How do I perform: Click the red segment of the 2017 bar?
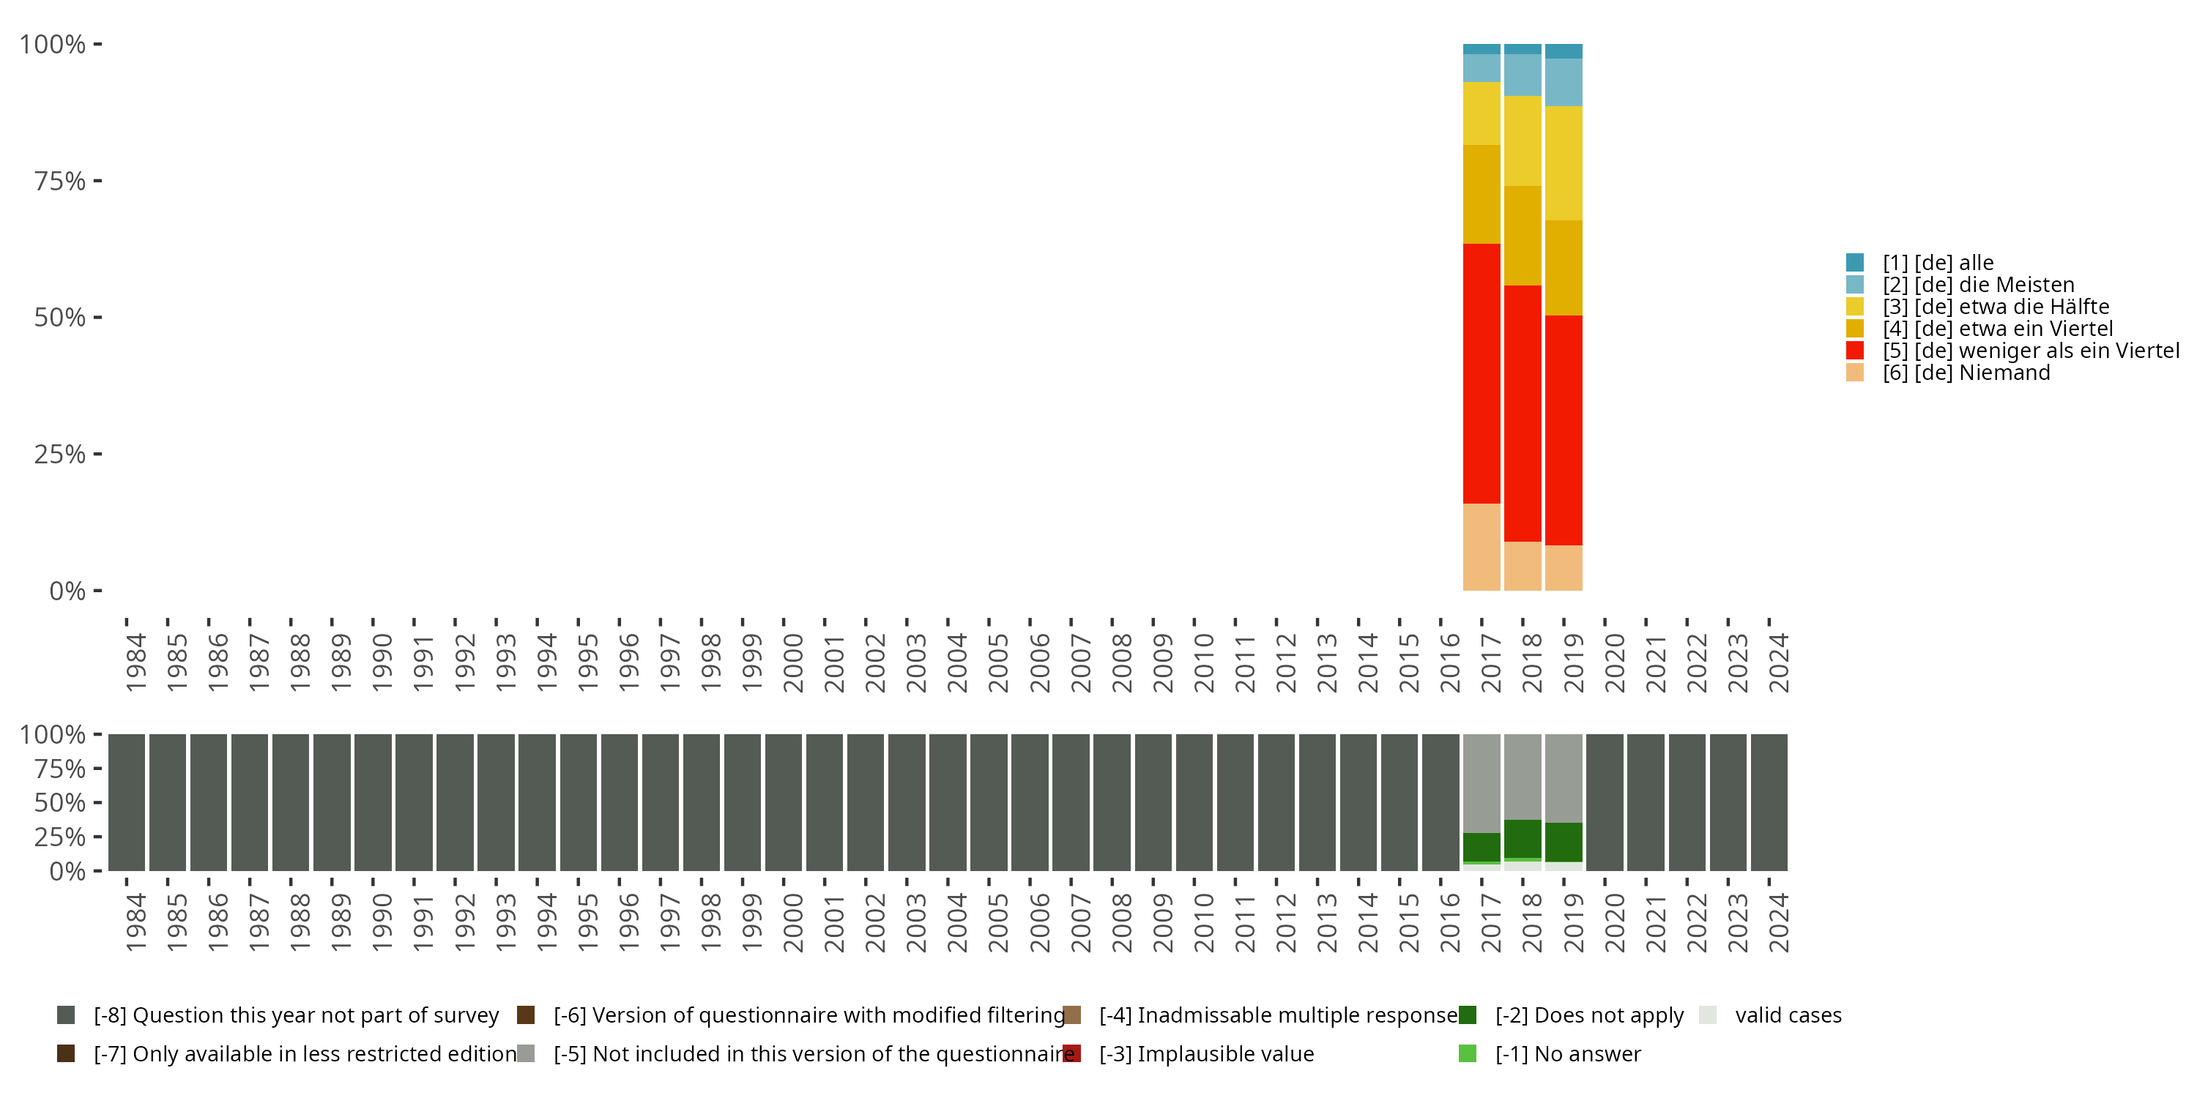[x=1482, y=373]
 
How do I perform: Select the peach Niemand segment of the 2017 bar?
[x=1482, y=547]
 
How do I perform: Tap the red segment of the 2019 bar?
[x=1564, y=430]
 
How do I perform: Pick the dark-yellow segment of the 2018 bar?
[x=1523, y=235]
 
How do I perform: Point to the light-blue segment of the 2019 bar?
[x=1564, y=82]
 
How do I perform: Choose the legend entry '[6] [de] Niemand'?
[x=1966, y=373]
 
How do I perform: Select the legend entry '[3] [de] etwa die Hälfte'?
[x=1996, y=307]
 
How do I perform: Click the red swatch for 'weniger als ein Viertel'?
[x=1855, y=351]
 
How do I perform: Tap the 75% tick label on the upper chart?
[x=60, y=181]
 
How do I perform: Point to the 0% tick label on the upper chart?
[x=67, y=591]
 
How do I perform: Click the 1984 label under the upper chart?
[x=135, y=662]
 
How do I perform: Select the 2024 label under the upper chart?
[x=1778, y=662]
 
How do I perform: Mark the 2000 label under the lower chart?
[x=793, y=923]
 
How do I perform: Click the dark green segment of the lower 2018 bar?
[x=1523, y=839]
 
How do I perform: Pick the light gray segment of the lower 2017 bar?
[x=1482, y=783]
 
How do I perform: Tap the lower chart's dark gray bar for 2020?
[x=1605, y=802]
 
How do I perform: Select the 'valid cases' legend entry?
[x=1788, y=1015]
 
